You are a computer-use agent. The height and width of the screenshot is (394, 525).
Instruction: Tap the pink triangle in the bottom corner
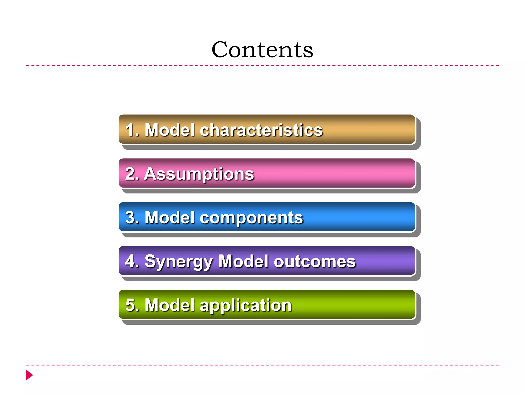[29, 375]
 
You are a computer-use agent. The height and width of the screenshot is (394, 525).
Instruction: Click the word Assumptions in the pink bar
[199, 174]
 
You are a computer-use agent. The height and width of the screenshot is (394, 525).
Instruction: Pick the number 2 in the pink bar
[130, 174]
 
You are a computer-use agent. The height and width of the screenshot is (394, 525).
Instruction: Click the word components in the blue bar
[251, 218]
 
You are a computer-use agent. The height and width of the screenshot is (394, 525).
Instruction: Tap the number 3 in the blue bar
[130, 218]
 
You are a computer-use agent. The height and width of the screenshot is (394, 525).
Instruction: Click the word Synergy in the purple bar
[178, 262]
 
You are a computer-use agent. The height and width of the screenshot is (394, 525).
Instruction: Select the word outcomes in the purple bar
[315, 262]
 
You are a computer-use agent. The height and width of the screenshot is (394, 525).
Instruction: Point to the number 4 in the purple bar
[130, 262]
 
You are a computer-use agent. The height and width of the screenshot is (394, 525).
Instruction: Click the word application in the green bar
[246, 305]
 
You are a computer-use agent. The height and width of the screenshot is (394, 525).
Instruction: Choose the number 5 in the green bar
[130, 305]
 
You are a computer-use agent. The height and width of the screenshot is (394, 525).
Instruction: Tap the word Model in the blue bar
[169, 218]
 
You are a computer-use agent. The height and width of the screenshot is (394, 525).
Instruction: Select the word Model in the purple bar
[244, 262]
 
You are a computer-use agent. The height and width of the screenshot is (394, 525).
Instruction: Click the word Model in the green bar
[169, 305]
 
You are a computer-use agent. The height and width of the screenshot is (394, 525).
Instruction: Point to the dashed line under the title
[262, 66]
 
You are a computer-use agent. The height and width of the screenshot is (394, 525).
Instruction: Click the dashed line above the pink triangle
[262, 365]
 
